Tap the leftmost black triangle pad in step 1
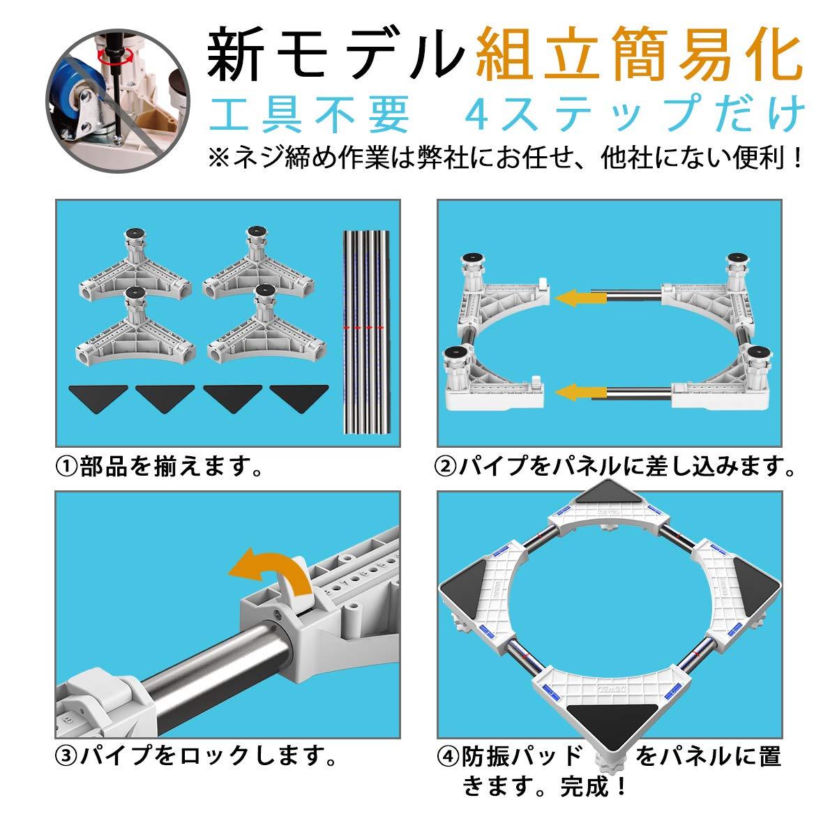[x=98, y=399]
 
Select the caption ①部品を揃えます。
[x=161, y=466]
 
